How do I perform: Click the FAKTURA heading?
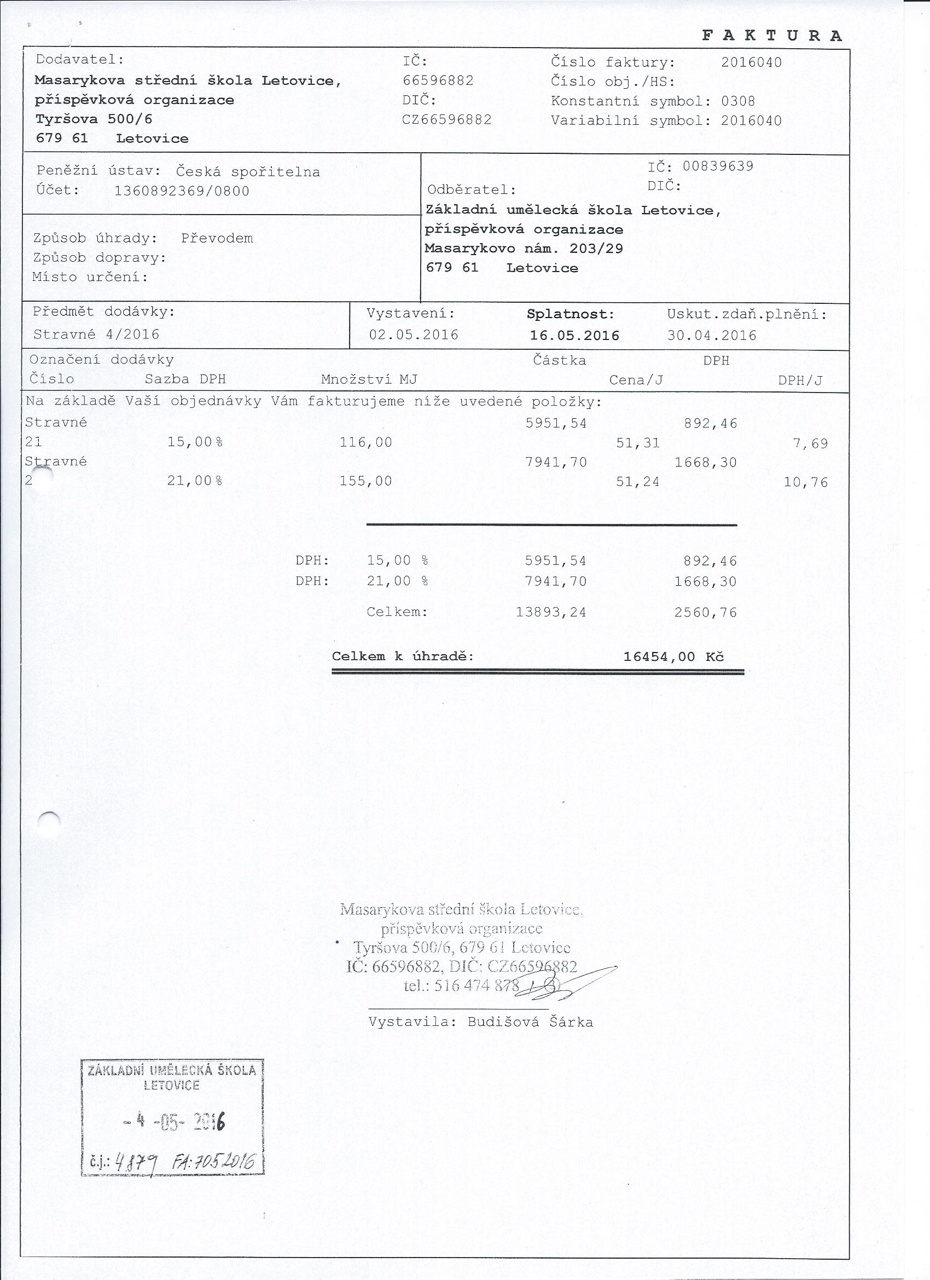click(x=772, y=36)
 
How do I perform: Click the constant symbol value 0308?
click(x=737, y=102)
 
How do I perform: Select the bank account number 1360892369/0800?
click(x=182, y=191)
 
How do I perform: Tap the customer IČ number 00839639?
click(x=718, y=166)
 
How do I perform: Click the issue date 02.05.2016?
click(x=414, y=335)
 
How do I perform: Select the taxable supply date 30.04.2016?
click(x=712, y=336)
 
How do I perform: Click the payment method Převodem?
click(x=217, y=238)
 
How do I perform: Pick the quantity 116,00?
click(x=365, y=442)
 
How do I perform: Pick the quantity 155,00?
click(x=365, y=481)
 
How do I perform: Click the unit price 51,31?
click(x=638, y=443)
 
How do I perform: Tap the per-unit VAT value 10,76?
click(x=806, y=482)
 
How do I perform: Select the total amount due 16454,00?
click(x=659, y=657)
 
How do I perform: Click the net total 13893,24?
click(x=551, y=612)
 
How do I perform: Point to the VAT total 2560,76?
click(x=706, y=612)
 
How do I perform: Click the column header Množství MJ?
click(x=369, y=380)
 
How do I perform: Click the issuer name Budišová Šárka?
click(x=530, y=1022)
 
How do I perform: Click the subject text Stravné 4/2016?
click(x=96, y=335)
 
